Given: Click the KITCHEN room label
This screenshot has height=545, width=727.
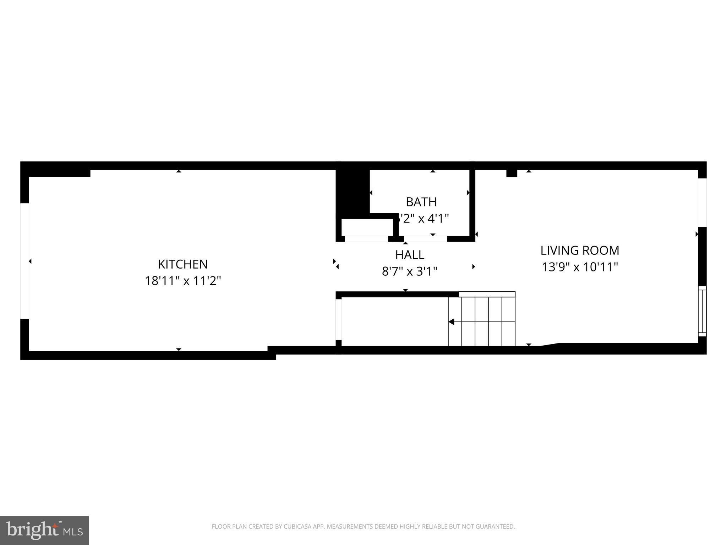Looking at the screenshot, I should pyautogui.click(x=183, y=264).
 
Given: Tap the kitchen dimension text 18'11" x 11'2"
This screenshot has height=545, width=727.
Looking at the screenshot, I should pyautogui.click(x=183, y=281).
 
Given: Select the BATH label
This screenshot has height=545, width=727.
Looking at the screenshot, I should pyautogui.click(x=421, y=202).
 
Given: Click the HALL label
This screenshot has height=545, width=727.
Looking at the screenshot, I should pyautogui.click(x=410, y=255).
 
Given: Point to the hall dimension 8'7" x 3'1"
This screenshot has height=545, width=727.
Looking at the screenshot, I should pyautogui.click(x=410, y=271).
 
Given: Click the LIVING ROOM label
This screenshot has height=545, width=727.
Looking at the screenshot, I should pyautogui.click(x=580, y=251).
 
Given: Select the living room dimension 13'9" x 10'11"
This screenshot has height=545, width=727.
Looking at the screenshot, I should pyautogui.click(x=580, y=267).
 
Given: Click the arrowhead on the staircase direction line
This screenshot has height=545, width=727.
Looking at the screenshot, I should pyautogui.click(x=452, y=322).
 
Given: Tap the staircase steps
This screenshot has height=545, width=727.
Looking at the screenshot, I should pyautogui.click(x=482, y=321).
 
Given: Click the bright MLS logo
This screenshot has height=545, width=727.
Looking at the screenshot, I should pyautogui.click(x=44, y=530).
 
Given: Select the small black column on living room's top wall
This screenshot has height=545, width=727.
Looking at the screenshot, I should pyautogui.click(x=512, y=173).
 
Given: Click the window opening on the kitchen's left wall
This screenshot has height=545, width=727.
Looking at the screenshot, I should pyautogui.click(x=24, y=261).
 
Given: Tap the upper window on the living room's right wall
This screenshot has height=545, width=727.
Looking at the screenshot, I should pyautogui.click(x=702, y=203).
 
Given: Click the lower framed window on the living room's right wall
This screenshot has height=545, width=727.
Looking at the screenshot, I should pyautogui.click(x=702, y=311).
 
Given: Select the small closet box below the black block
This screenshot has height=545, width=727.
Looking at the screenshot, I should pyautogui.click(x=367, y=227).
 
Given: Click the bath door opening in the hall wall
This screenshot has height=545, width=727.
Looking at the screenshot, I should pyautogui.click(x=425, y=239).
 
